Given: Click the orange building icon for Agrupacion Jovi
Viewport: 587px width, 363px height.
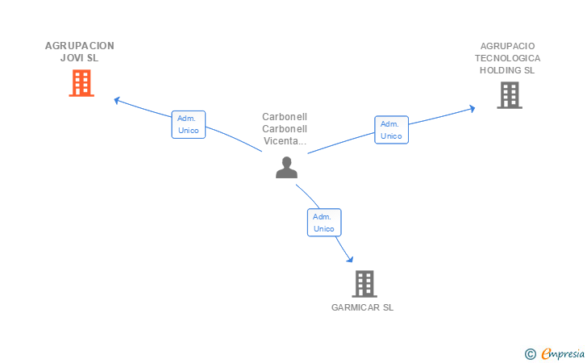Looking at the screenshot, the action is click(x=81, y=83).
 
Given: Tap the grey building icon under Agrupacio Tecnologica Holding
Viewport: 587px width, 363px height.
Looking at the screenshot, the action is click(x=510, y=95).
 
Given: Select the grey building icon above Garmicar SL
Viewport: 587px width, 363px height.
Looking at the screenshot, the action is click(x=364, y=284).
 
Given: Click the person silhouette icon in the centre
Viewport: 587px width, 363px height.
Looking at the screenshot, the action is click(x=286, y=168).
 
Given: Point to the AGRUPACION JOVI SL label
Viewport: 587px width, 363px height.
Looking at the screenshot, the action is click(x=79, y=52).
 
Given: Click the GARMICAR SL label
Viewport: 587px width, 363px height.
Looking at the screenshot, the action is click(x=362, y=307).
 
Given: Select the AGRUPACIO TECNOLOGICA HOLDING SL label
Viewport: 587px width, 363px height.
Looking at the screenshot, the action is click(x=508, y=58).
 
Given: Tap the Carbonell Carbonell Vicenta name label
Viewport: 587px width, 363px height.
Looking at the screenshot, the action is click(x=285, y=129).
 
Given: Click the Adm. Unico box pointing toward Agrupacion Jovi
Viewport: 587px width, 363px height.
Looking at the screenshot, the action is click(x=189, y=124).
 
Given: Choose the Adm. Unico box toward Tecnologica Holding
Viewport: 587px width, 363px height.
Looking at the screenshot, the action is click(x=391, y=130).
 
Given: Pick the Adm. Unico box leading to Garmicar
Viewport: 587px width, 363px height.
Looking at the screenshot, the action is click(x=324, y=223).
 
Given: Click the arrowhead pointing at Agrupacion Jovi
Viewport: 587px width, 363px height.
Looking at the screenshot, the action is click(x=117, y=100).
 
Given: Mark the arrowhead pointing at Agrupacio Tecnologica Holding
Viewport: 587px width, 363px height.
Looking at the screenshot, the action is click(x=472, y=109).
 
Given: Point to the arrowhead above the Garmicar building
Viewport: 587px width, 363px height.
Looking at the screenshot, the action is click(x=350, y=259).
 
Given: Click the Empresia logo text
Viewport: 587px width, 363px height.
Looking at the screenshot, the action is click(x=563, y=353).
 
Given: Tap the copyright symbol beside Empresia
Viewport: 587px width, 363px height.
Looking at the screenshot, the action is click(x=530, y=354).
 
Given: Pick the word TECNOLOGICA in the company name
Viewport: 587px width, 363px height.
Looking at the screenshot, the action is click(x=508, y=58).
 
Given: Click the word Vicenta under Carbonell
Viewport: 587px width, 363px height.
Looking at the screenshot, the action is click(x=285, y=141).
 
